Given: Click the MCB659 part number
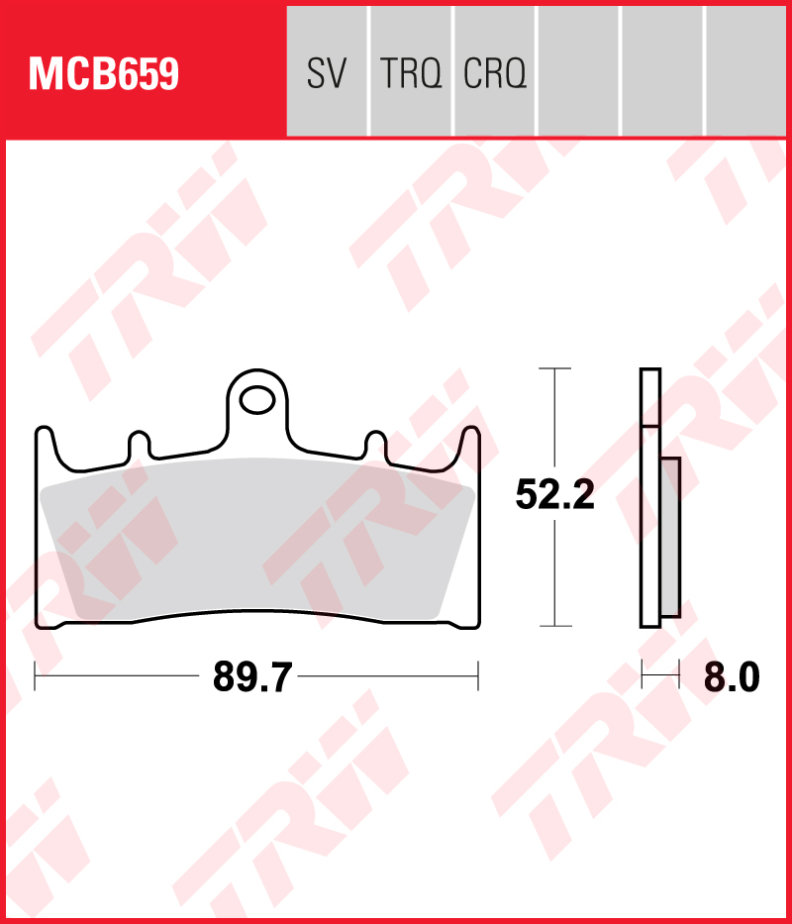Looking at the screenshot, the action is (x=104, y=73).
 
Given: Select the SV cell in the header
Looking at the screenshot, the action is (x=327, y=71).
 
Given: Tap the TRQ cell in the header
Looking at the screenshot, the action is (x=411, y=71).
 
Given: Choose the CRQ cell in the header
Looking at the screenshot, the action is (x=495, y=71).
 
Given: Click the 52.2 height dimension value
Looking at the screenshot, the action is (x=554, y=494).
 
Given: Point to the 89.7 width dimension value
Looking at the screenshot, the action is (x=252, y=677).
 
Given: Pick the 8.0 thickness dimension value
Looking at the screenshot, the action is (x=732, y=677).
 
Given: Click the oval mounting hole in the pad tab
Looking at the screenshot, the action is (x=257, y=401).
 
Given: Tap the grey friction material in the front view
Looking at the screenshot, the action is (x=257, y=539).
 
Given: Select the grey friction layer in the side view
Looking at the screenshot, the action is (x=670, y=538).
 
